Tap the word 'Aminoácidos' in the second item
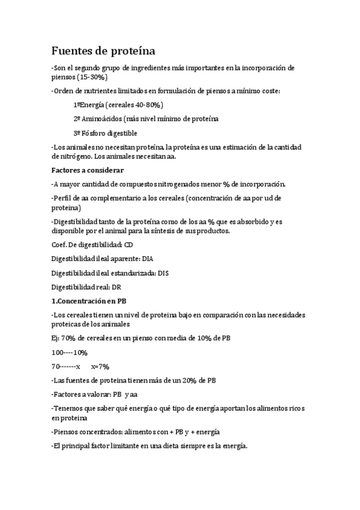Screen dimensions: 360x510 point(103,118)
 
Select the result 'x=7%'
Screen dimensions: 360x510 point(100,366)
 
